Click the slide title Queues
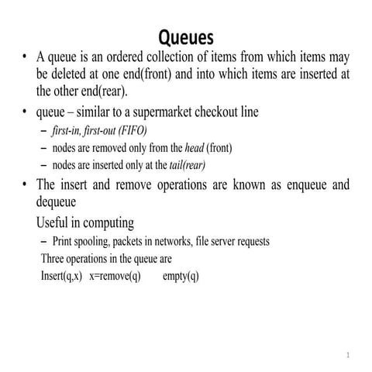tap(185, 36)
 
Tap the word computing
tap(107, 223)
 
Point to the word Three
tap(56, 259)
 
